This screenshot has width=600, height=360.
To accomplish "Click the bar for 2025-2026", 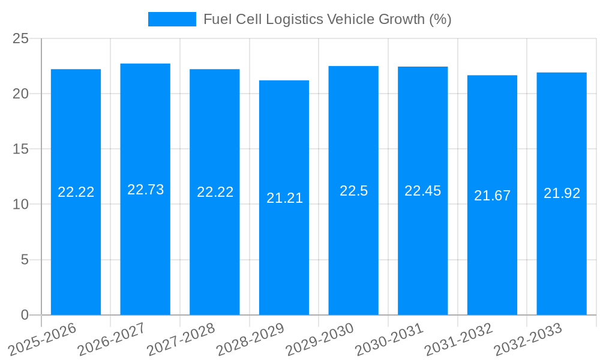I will click(x=76, y=252).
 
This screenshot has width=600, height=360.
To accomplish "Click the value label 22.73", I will click(x=145, y=190).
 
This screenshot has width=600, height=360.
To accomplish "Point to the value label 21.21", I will click(x=284, y=198).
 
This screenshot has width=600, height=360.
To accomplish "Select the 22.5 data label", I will click(x=353, y=191).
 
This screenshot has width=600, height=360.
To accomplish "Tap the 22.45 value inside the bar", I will click(x=422, y=191).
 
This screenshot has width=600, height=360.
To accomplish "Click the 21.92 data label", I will click(x=562, y=193).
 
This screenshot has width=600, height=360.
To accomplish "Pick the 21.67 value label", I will click(x=492, y=196).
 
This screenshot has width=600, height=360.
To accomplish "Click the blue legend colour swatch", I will click(x=172, y=19).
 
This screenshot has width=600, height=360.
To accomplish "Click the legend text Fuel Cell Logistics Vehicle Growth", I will click(x=327, y=19).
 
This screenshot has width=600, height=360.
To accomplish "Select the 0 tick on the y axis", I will click(x=25, y=314).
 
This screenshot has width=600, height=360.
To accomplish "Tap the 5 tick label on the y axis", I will click(x=25, y=260).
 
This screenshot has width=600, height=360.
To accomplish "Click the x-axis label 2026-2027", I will click(x=111, y=339).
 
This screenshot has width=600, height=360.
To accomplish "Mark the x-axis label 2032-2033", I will click(x=527, y=339).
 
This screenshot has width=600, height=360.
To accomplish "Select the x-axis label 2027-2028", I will click(x=181, y=339).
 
